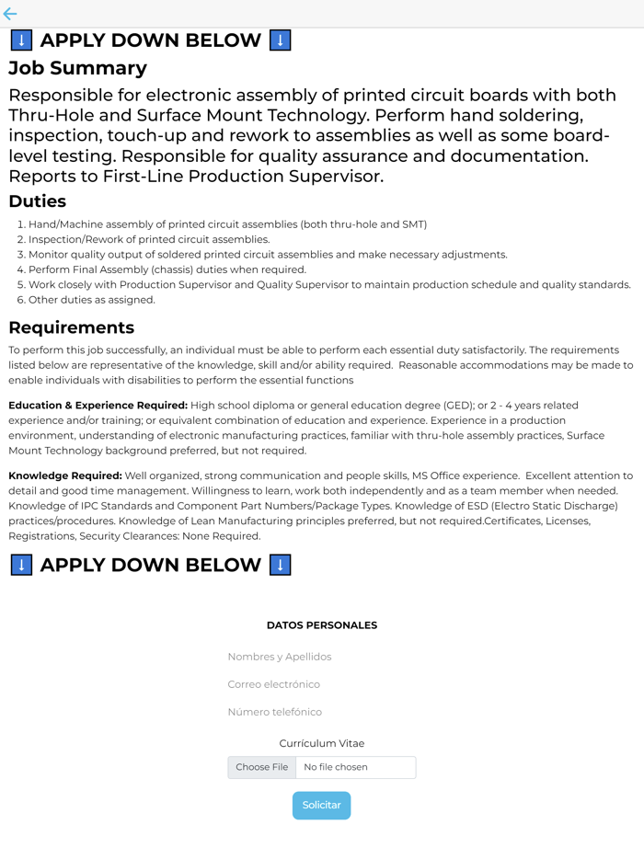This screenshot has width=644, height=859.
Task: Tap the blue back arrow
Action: (10, 14)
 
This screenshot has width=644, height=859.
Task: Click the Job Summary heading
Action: (77, 68)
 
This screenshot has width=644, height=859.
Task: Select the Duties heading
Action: (37, 201)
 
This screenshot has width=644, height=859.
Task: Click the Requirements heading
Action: (71, 327)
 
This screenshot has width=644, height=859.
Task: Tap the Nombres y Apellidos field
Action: (321, 657)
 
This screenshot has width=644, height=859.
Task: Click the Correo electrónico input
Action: (321, 684)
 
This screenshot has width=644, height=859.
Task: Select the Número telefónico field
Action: (321, 712)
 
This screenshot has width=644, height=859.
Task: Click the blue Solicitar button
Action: (321, 806)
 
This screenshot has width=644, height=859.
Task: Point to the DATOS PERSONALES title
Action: (321, 625)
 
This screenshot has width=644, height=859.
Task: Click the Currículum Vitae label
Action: (321, 743)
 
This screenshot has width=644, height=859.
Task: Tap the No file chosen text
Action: (336, 767)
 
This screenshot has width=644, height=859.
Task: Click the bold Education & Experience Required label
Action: (98, 406)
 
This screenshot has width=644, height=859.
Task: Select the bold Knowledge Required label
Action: (65, 476)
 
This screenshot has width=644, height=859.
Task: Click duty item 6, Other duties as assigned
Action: (91, 300)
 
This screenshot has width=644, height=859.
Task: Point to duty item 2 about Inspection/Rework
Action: (148, 239)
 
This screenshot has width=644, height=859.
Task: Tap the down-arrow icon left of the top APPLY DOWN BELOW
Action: (21, 40)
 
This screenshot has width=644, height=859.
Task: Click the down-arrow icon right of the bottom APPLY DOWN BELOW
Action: (281, 565)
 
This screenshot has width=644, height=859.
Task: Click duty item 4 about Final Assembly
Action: (167, 269)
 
